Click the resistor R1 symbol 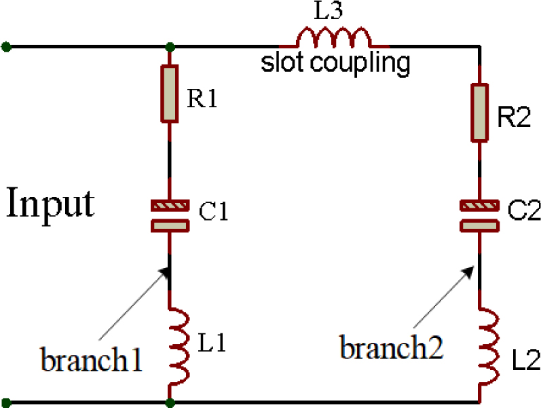coord(170,93)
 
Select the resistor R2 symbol coord(480,113)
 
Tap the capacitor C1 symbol coord(170,215)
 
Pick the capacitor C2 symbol coord(480,215)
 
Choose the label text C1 coord(214,214)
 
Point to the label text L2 coord(523,360)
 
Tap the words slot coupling coord(336,63)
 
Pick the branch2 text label coord(392,349)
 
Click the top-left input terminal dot coord(6,47)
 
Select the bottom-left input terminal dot coord(6,402)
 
